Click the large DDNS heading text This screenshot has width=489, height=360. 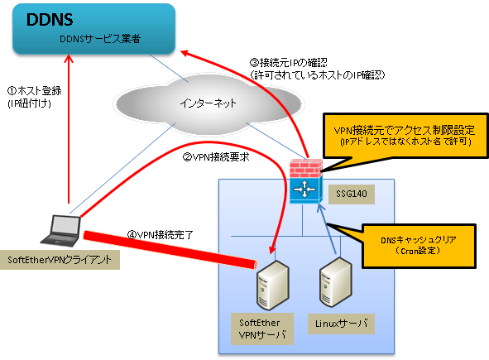50,20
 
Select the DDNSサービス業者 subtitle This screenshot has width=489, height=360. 100,39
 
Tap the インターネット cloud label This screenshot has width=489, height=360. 208,103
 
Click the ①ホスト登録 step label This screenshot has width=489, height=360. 34,91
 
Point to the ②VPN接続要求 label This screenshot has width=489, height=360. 216,157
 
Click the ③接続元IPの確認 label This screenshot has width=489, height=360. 289,63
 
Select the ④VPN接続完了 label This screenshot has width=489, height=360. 161,234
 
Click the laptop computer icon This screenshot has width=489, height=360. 61,230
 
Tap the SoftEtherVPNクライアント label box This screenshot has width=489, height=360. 60,260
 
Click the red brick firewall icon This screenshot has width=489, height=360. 306,168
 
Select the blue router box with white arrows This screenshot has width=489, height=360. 306,190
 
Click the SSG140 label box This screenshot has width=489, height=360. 352,194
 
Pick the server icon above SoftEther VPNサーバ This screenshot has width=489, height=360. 273,286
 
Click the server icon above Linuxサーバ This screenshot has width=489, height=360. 336,282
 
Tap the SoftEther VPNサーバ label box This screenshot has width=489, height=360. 262,329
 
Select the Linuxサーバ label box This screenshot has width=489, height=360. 341,324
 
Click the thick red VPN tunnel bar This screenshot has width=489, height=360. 170,249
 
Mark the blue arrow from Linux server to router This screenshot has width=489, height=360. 327,229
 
